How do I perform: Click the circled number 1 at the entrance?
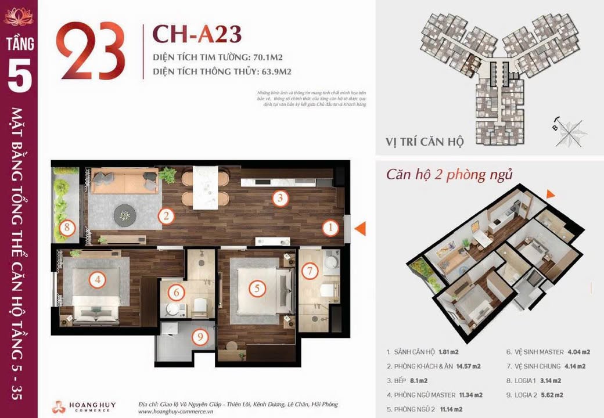[x=330, y=228]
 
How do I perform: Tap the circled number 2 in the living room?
[x=166, y=217]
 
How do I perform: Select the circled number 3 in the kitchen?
[x=280, y=199]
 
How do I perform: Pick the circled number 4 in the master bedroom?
[x=98, y=280]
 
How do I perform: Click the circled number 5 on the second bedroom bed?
[x=257, y=287]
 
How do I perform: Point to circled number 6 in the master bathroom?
[x=178, y=293]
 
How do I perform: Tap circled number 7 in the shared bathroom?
[x=310, y=271]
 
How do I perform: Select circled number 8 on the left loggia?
[x=67, y=227]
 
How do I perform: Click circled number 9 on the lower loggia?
[x=200, y=337]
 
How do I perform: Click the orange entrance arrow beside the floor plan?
[x=360, y=228]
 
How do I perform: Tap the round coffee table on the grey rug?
[x=125, y=215]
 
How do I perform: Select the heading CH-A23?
[x=196, y=35]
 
